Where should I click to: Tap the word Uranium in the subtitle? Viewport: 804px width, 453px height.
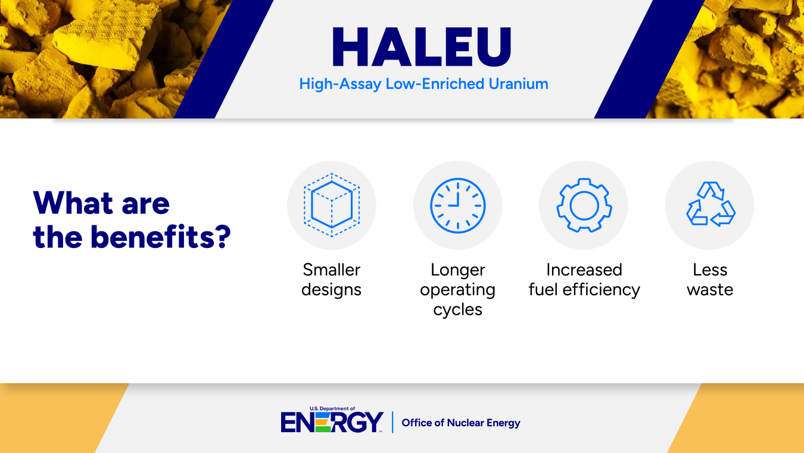[x=518, y=84]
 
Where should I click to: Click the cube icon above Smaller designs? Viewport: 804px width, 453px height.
[x=332, y=205]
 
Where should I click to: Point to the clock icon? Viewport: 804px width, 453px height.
[x=457, y=205]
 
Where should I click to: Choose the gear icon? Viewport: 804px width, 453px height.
[x=584, y=205]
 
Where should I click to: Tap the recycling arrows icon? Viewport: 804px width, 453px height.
[x=710, y=205]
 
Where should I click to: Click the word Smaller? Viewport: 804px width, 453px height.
[x=332, y=270]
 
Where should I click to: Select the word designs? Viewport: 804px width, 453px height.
[x=332, y=290]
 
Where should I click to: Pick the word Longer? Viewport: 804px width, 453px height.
[x=457, y=270]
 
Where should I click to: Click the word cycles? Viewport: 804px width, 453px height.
[x=457, y=310]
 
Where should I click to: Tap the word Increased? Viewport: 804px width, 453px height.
[x=584, y=270]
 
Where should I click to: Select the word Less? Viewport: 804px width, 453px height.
[x=710, y=270]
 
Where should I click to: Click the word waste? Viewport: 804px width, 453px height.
[x=710, y=290]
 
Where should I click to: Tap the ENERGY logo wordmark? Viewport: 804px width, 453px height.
[x=332, y=423]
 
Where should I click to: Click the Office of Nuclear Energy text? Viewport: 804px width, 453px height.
[x=461, y=423]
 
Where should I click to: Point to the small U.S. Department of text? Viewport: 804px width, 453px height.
[x=332, y=409]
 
